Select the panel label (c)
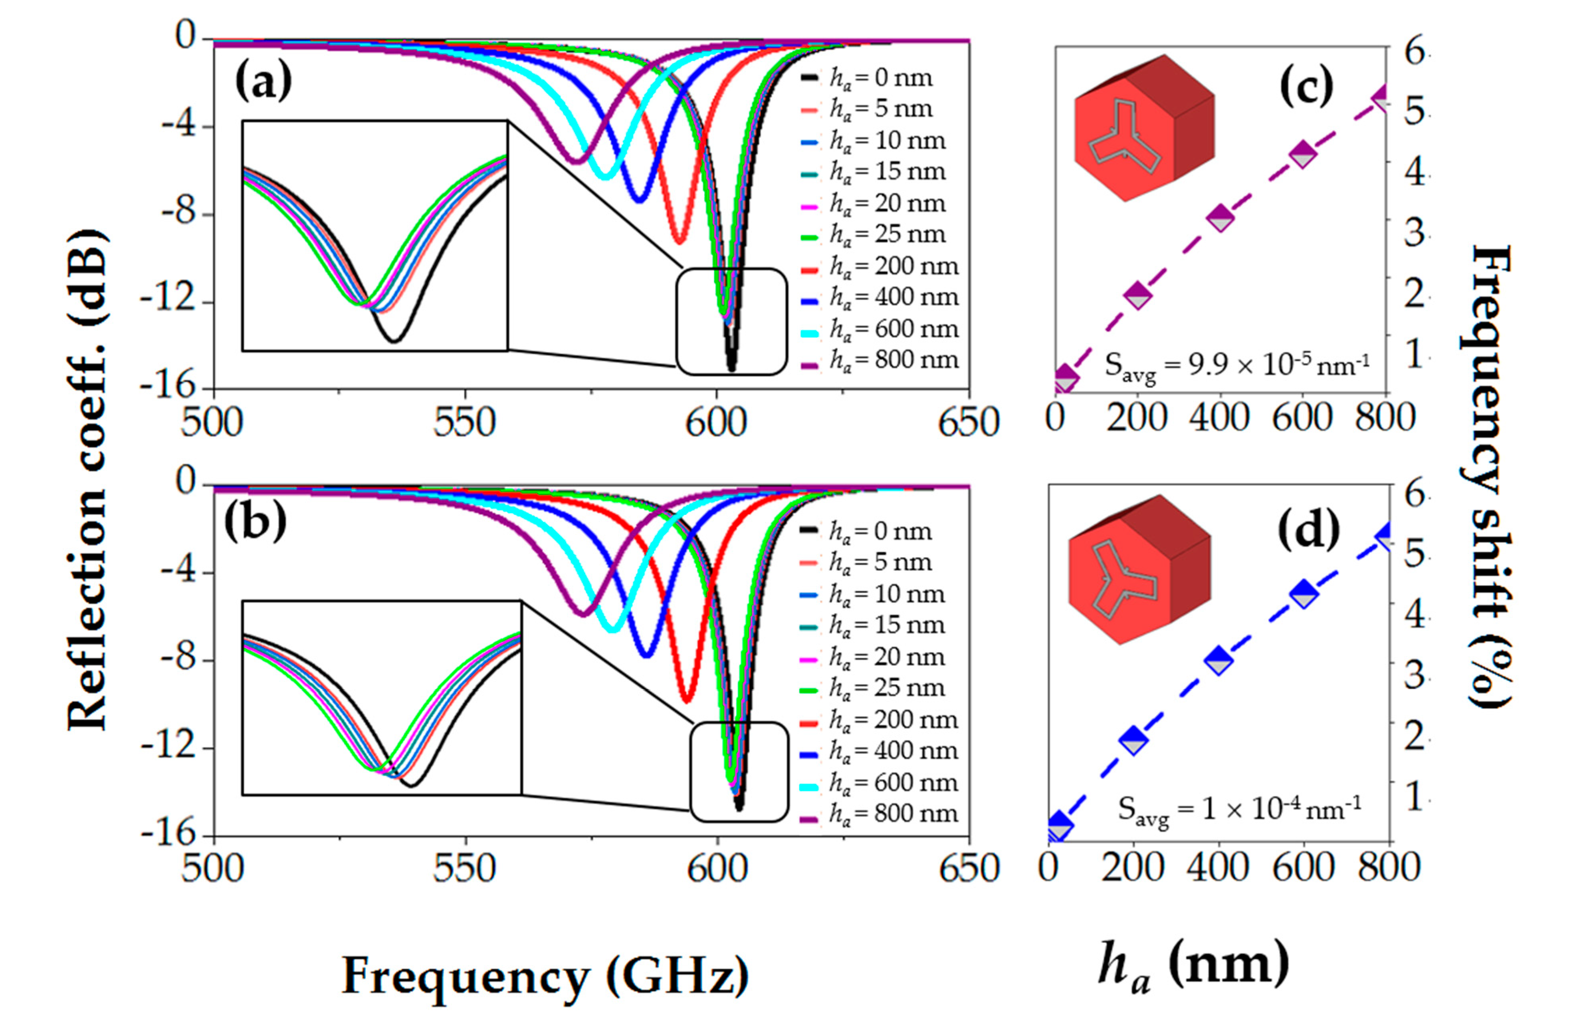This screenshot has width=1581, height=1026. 1306,86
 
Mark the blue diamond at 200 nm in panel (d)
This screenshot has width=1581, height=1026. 1134,740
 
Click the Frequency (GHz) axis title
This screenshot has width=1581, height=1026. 545,976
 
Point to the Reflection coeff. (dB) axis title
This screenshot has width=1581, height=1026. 86,478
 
